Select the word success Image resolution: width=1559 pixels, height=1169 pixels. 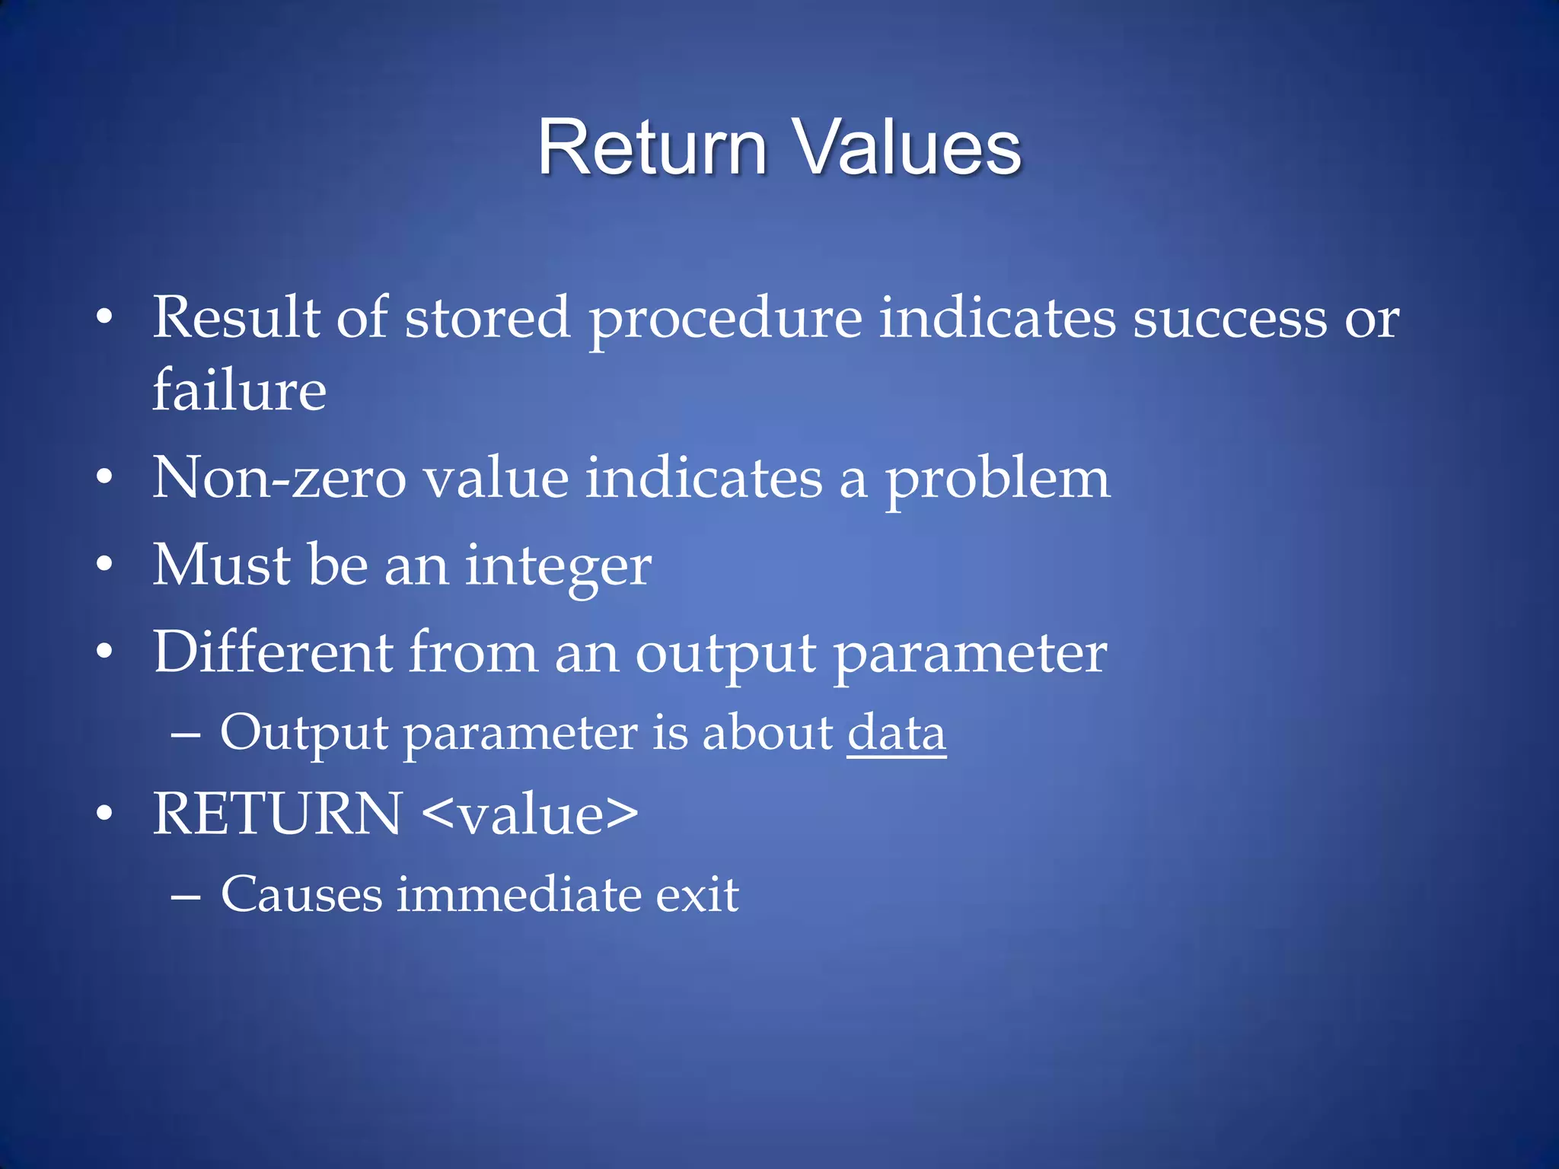pyautogui.click(x=1229, y=318)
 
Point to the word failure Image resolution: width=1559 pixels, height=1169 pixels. pyautogui.click(x=239, y=390)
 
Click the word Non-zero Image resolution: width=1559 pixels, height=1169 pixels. pyautogui.click(x=279, y=478)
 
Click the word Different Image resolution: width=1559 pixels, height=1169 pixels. pyautogui.click(x=273, y=652)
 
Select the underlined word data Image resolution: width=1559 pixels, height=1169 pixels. pyautogui.click(x=896, y=733)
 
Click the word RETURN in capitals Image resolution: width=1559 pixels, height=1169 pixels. pyautogui.click(x=277, y=814)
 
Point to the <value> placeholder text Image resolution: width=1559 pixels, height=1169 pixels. pyautogui.click(x=529, y=814)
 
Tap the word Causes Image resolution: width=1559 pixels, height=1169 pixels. pyautogui.click(x=301, y=893)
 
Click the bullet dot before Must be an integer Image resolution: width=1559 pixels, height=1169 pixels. pyautogui.click(x=104, y=565)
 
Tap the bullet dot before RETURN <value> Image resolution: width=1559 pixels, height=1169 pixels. pyautogui.click(x=104, y=814)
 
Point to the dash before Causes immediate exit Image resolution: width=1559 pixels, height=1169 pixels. pyautogui.click(x=186, y=897)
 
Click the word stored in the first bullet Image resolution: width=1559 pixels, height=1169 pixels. pyautogui.click(x=486, y=318)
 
